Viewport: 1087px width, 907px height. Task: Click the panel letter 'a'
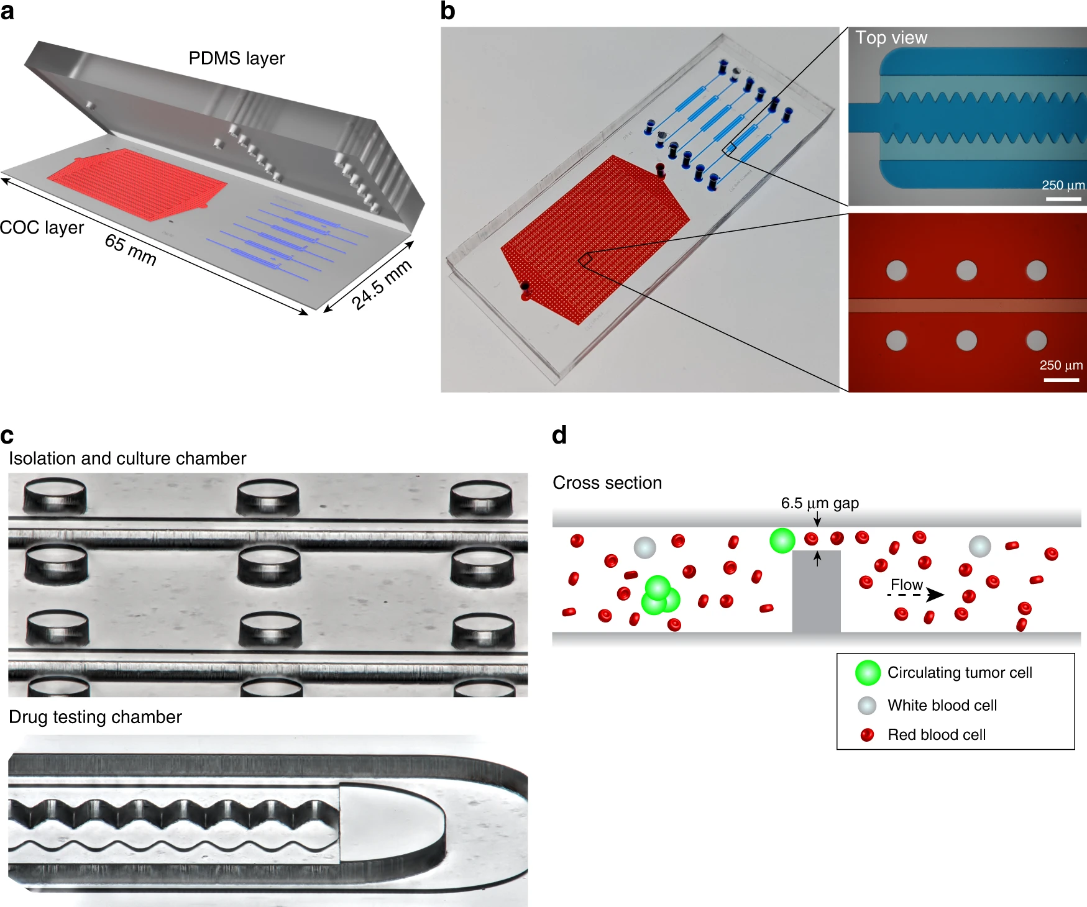[x=7, y=11]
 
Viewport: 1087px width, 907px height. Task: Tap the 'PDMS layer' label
[x=236, y=58]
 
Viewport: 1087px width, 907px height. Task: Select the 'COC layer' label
[x=42, y=227]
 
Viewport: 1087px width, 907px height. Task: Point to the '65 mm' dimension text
[x=131, y=250]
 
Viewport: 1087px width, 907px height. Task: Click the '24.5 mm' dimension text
[x=382, y=285]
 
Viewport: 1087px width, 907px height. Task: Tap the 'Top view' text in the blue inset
[x=891, y=38]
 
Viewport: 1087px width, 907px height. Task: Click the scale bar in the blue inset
[x=1063, y=199]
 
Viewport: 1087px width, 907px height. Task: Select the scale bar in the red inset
[x=1061, y=380]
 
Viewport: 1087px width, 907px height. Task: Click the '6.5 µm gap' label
[x=819, y=503]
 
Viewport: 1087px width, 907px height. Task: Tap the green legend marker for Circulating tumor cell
[x=868, y=673]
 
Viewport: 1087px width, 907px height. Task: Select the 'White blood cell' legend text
[x=942, y=705]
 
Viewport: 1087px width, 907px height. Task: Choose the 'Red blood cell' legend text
[x=936, y=735]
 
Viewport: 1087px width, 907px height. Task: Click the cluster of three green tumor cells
[x=659, y=595]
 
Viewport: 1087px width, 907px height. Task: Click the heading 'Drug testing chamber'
[x=95, y=717]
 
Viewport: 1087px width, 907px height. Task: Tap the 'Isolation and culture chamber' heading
[x=127, y=458]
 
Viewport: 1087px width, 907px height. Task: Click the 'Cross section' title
[x=607, y=483]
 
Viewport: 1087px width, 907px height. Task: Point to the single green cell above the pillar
[x=782, y=540]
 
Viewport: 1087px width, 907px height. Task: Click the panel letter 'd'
[x=559, y=435]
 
